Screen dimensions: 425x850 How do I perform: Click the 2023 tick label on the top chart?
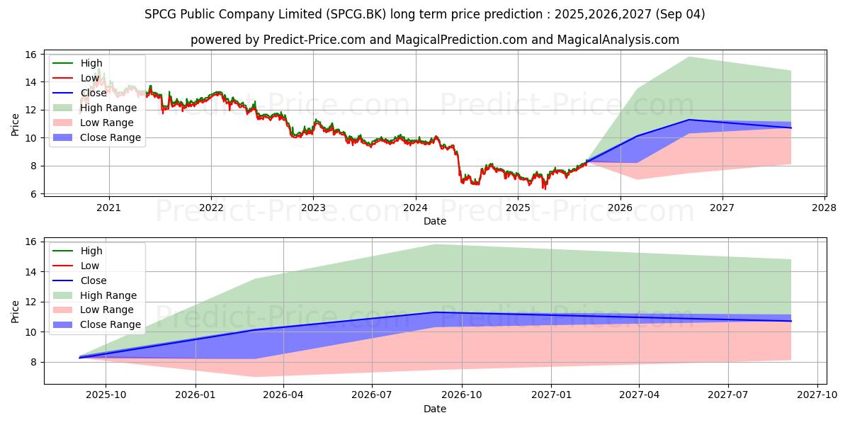tap(313, 208)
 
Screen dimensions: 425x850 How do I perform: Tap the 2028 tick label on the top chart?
tap(824, 208)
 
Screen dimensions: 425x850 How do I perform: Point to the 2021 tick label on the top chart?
tap(108, 208)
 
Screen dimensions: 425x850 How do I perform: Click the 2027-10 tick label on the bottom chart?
tap(817, 395)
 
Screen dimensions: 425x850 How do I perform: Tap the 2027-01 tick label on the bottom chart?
tap(551, 395)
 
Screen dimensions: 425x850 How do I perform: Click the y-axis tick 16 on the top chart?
tap(30, 55)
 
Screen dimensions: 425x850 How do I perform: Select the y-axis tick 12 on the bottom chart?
tap(30, 302)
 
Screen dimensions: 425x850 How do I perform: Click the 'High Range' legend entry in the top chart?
tap(108, 108)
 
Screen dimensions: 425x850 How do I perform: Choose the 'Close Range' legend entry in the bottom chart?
tap(110, 324)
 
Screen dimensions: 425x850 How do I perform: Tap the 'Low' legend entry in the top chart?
tap(90, 78)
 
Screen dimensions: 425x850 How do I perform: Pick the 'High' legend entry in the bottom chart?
tap(91, 251)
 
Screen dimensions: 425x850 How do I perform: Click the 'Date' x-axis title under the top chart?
tap(434, 221)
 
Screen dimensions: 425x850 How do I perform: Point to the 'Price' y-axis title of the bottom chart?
tap(15, 311)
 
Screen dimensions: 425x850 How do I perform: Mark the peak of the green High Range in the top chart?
tap(689, 57)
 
